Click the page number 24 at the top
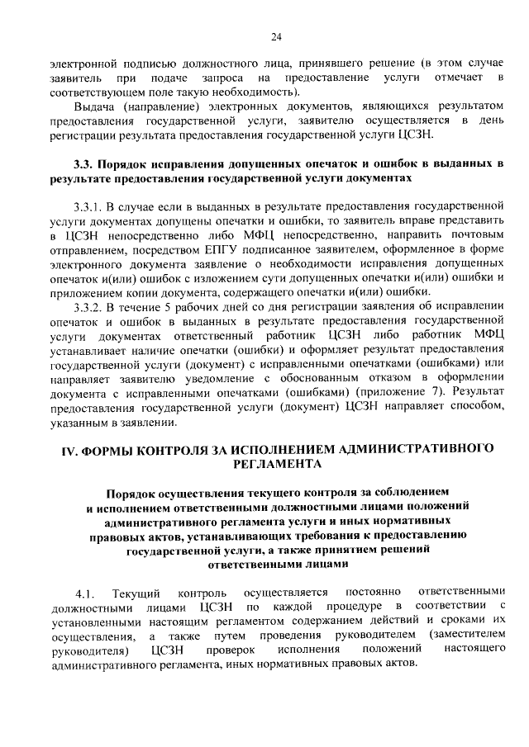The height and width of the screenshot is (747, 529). click(276, 36)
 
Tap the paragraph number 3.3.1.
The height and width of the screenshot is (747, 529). click(89, 202)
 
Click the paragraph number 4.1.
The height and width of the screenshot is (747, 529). click(86, 592)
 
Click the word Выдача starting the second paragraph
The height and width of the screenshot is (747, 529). click(96, 106)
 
